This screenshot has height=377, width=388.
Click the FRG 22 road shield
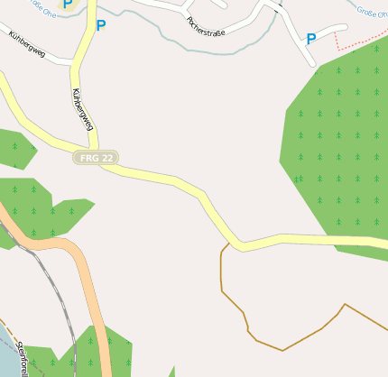96,157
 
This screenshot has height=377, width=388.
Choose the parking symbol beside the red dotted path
311,39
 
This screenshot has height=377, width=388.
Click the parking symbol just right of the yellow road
100,25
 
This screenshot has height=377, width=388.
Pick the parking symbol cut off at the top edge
67,4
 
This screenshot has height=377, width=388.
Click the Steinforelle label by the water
23,357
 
